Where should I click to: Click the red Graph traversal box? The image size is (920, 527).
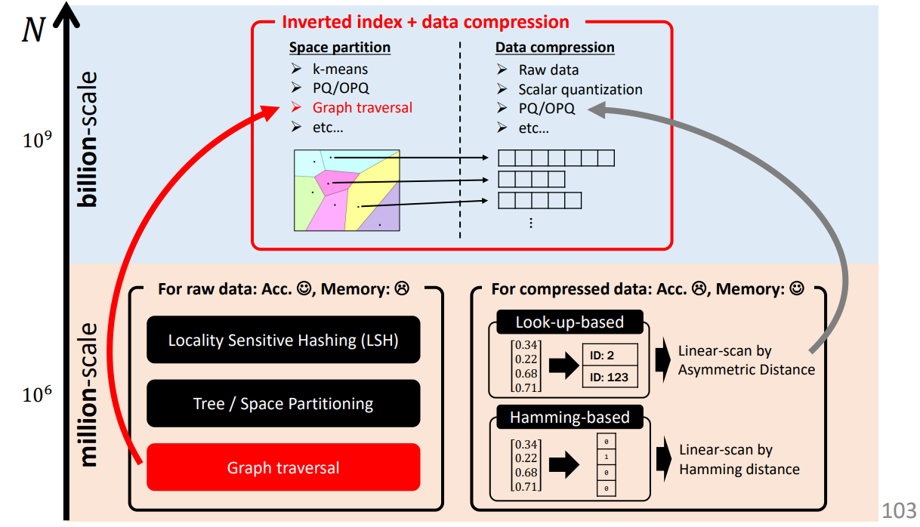[x=283, y=467]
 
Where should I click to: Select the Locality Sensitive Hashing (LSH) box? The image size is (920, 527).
[x=283, y=341]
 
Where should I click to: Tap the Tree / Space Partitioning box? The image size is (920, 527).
[x=283, y=404]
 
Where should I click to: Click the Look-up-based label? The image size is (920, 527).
[x=570, y=322]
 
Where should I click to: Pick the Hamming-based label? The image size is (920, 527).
[x=570, y=418]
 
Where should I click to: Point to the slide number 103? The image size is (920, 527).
[x=899, y=511]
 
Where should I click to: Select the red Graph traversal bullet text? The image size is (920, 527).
[x=363, y=108]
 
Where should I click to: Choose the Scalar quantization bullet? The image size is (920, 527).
[x=580, y=89]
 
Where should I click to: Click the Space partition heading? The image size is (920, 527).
[x=340, y=48]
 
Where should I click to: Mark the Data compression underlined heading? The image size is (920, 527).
[x=555, y=48]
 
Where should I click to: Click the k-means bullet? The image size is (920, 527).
[x=341, y=69]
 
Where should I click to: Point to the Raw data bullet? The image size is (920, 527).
[x=548, y=69]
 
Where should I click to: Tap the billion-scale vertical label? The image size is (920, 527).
[x=89, y=140]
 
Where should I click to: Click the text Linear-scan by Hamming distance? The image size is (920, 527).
[x=739, y=459]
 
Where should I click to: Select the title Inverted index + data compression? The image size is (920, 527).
[x=425, y=23]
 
